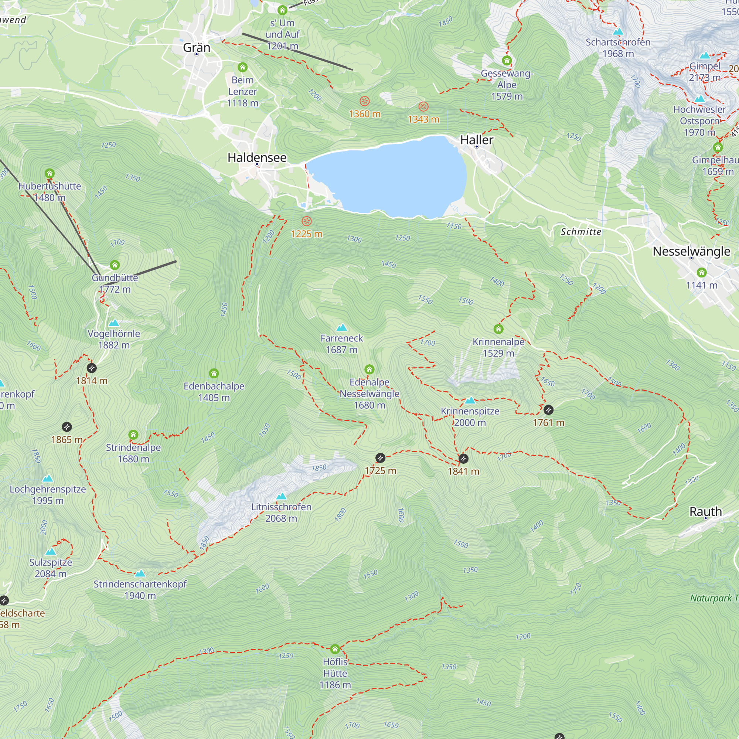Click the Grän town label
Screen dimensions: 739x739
[197, 47]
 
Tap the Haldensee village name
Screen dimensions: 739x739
[257, 158]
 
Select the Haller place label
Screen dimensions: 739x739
[477, 140]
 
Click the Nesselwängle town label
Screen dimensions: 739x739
[691, 251]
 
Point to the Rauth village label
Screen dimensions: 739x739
[705, 511]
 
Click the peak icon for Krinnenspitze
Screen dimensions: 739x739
[470, 401]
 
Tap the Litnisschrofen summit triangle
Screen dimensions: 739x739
[281, 497]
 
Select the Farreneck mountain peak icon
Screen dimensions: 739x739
[341, 327]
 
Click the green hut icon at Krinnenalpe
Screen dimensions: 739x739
[498, 329]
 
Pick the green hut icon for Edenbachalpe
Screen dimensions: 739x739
[214, 373]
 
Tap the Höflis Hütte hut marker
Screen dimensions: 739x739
[335, 649]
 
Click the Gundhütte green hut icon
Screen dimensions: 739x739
[115, 265]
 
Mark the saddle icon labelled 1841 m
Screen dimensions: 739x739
[463, 458]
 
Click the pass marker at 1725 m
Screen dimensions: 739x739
[380, 458]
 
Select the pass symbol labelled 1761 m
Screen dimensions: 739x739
[548, 410]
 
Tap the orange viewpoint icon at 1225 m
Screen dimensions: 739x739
[306, 221]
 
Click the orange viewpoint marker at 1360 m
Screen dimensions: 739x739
[365, 101]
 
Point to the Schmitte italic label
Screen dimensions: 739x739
[580, 232]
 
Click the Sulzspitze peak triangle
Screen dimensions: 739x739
[51, 552]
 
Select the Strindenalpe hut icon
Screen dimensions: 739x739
[133, 435]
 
